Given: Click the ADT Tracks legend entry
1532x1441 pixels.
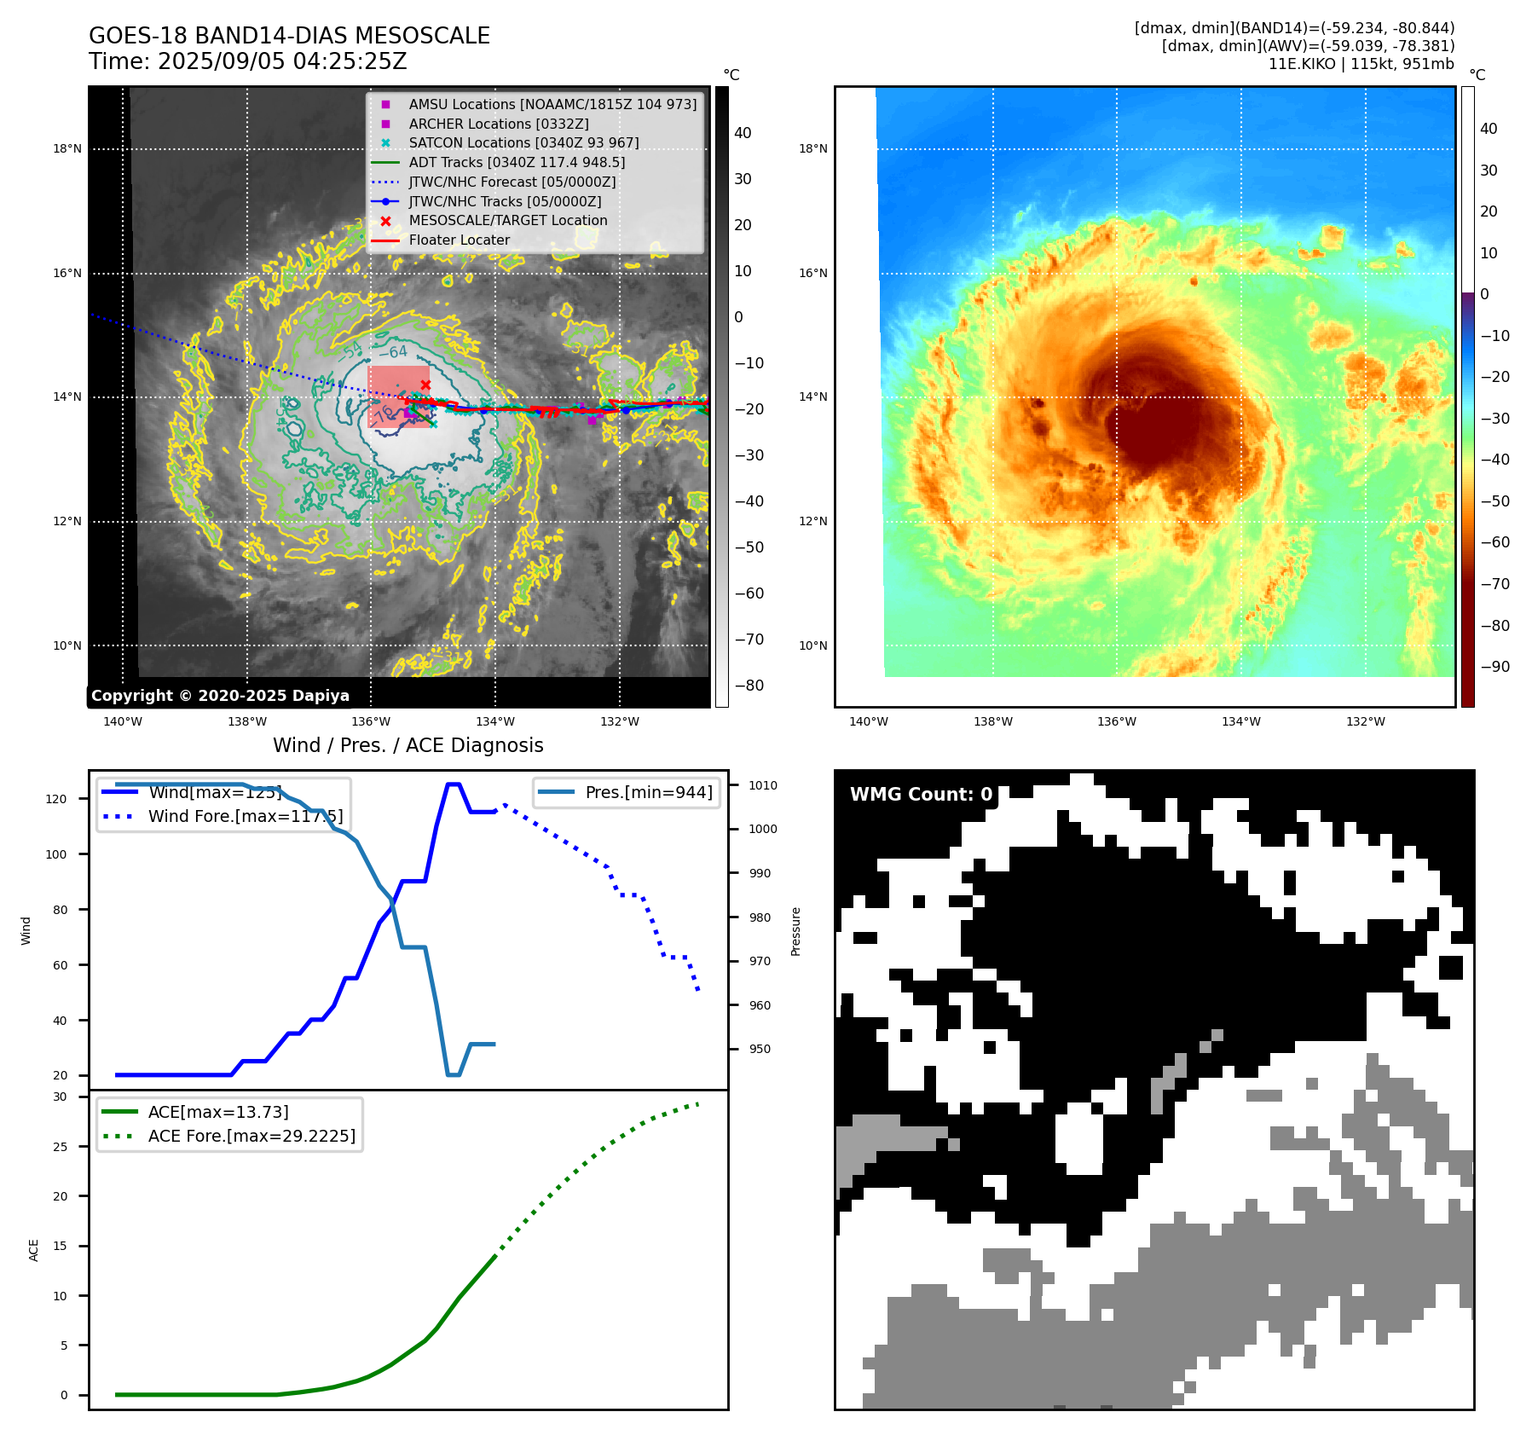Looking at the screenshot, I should (x=517, y=162).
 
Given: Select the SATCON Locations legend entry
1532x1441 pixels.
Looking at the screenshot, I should (x=523, y=142).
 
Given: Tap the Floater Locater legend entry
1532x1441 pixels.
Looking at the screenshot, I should (x=459, y=240).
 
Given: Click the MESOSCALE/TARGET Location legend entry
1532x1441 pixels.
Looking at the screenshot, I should (x=508, y=220).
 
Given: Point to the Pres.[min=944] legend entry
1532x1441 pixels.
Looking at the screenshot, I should (x=649, y=792).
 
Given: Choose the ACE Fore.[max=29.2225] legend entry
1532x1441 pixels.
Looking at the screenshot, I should (x=251, y=1136).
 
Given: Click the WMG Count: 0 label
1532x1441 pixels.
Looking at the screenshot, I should (x=921, y=794).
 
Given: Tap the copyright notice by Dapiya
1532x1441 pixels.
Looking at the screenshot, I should (x=220, y=696).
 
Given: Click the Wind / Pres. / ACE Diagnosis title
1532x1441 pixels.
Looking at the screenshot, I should (x=408, y=745).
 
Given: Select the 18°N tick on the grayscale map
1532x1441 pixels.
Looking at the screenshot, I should (x=67, y=148).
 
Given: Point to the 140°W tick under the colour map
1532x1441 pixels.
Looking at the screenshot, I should (x=868, y=721).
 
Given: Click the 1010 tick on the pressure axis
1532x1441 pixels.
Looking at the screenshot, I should (x=763, y=785).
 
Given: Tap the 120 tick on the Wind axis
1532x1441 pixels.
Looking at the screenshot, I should (x=55, y=799).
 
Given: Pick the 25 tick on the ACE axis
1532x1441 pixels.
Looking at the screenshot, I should (x=60, y=1147).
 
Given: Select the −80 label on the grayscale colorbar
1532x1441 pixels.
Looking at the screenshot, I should (x=749, y=686).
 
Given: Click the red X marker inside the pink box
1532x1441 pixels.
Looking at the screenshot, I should (x=425, y=385).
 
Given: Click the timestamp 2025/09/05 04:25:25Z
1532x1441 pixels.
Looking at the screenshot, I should (x=282, y=62).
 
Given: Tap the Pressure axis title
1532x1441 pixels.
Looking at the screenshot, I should (x=795, y=931).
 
